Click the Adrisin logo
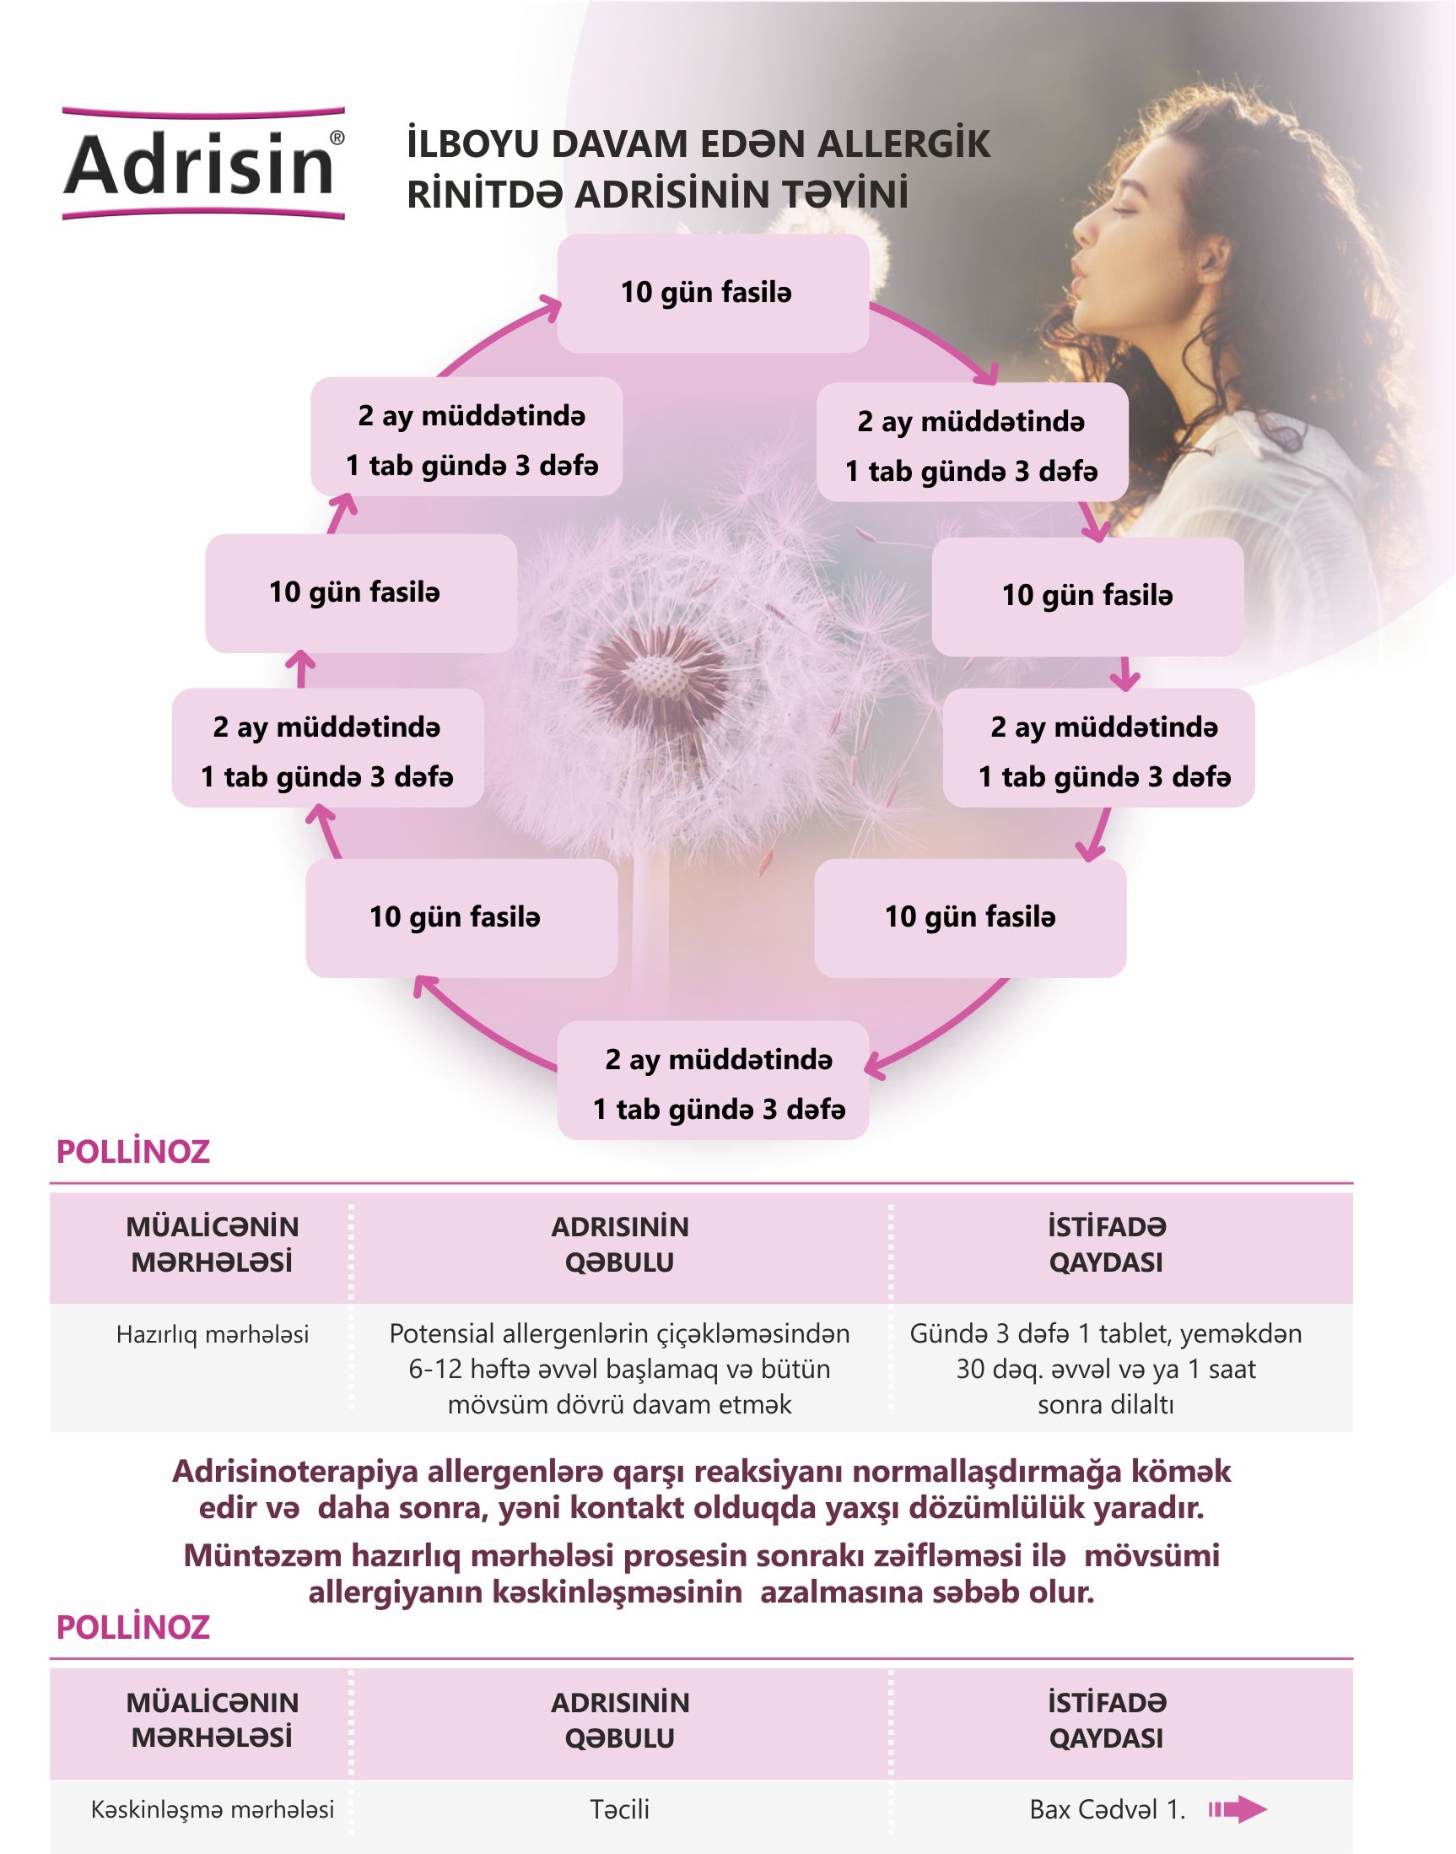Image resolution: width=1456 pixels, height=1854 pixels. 203,163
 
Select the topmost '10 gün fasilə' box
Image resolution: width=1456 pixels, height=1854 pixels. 713,294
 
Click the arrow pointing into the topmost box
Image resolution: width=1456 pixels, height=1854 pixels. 546,309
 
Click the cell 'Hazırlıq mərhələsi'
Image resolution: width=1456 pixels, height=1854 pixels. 213,1335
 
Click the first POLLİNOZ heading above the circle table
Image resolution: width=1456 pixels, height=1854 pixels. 133,1152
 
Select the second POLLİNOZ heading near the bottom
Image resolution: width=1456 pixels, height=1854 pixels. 133,1628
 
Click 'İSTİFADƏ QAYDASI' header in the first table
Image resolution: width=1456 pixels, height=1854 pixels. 1106,1245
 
